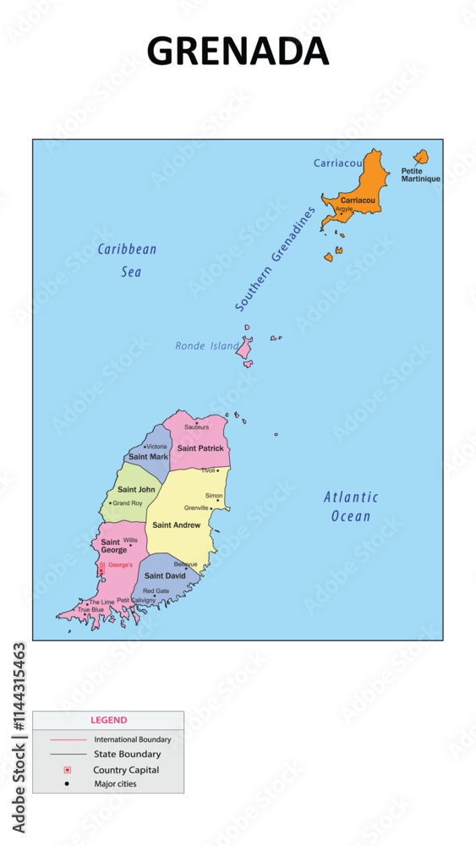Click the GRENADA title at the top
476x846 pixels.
(238, 51)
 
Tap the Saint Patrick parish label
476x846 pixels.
(200, 448)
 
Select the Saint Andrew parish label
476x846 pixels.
(177, 525)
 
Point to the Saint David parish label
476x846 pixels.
(165, 575)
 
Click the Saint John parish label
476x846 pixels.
(136, 489)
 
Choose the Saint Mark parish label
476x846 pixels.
(148, 457)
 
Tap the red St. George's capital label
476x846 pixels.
(116, 564)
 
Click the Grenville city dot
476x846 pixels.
(211, 508)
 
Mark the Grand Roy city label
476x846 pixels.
(128, 503)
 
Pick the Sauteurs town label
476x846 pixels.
(196, 427)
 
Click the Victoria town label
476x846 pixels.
(156, 447)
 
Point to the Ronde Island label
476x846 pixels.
(207, 346)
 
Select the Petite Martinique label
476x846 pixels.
(420, 175)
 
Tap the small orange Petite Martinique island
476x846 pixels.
(420, 157)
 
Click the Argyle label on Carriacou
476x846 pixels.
(344, 208)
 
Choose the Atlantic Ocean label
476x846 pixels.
(351, 506)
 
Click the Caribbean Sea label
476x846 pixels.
(128, 260)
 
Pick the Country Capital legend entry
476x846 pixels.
(126, 770)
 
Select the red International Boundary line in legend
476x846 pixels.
(68, 739)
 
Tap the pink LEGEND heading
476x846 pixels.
(108, 720)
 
